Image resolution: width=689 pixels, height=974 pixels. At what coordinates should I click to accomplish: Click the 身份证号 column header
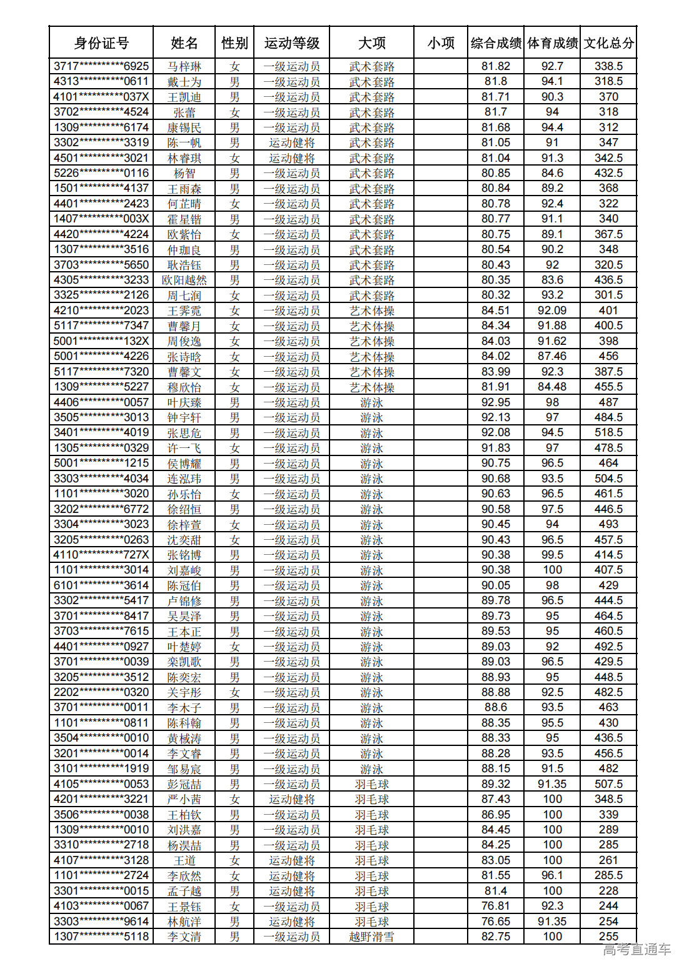pyautogui.click(x=101, y=43)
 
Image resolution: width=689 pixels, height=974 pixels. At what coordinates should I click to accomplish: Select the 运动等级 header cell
pyautogui.click(x=291, y=43)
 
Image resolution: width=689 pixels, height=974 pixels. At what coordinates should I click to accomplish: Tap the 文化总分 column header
pyautogui.click(x=608, y=43)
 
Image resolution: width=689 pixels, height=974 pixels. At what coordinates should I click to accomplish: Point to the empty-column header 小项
pyautogui.click(x=441, y=43)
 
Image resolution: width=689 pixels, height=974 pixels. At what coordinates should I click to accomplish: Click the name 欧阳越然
pyautogui.click(x=184, y=281)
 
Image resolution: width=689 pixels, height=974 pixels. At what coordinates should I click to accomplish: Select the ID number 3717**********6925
pyautogui.click(x=101, y=66)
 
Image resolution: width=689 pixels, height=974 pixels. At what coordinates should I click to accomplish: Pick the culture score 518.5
pyautogui.click(x=608, y=433)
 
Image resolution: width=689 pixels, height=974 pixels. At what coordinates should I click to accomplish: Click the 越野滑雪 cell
pyautogui.click(x=371, y=937)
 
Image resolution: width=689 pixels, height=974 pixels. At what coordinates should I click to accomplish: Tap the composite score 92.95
pyautogui.click(x=496, y=402)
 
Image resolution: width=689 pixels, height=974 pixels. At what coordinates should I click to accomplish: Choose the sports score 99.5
pyautogui.click(x=552, y=555)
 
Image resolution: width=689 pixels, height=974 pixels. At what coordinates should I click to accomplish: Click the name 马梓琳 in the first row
pyautogui.click(x=184, y=66)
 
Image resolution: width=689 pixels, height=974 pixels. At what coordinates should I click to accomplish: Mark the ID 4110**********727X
pyautogui.click(x=101, y=555)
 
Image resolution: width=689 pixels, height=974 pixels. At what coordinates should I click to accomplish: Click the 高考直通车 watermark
pyautogui.click(x=636, y=950)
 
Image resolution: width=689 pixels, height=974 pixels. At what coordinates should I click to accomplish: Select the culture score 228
pyautogui.click(x=608, y=892)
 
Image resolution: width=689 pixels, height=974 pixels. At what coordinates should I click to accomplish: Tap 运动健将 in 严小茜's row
pyautogui.click(x=291, y=800)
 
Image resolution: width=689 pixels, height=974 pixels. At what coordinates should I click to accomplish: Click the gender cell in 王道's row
pyautogui.click(x=234, y=861)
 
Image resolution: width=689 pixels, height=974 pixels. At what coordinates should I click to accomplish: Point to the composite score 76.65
pyautogui.click(x=496, y=922)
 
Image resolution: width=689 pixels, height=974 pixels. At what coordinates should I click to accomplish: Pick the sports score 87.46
pyautogui.click(x=552, y=357)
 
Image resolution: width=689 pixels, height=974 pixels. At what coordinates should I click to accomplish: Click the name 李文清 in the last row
pyautogui.click(x=184, y=937)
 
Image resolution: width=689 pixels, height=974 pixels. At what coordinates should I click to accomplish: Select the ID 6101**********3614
pyautogui.click(x=101, y=586)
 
